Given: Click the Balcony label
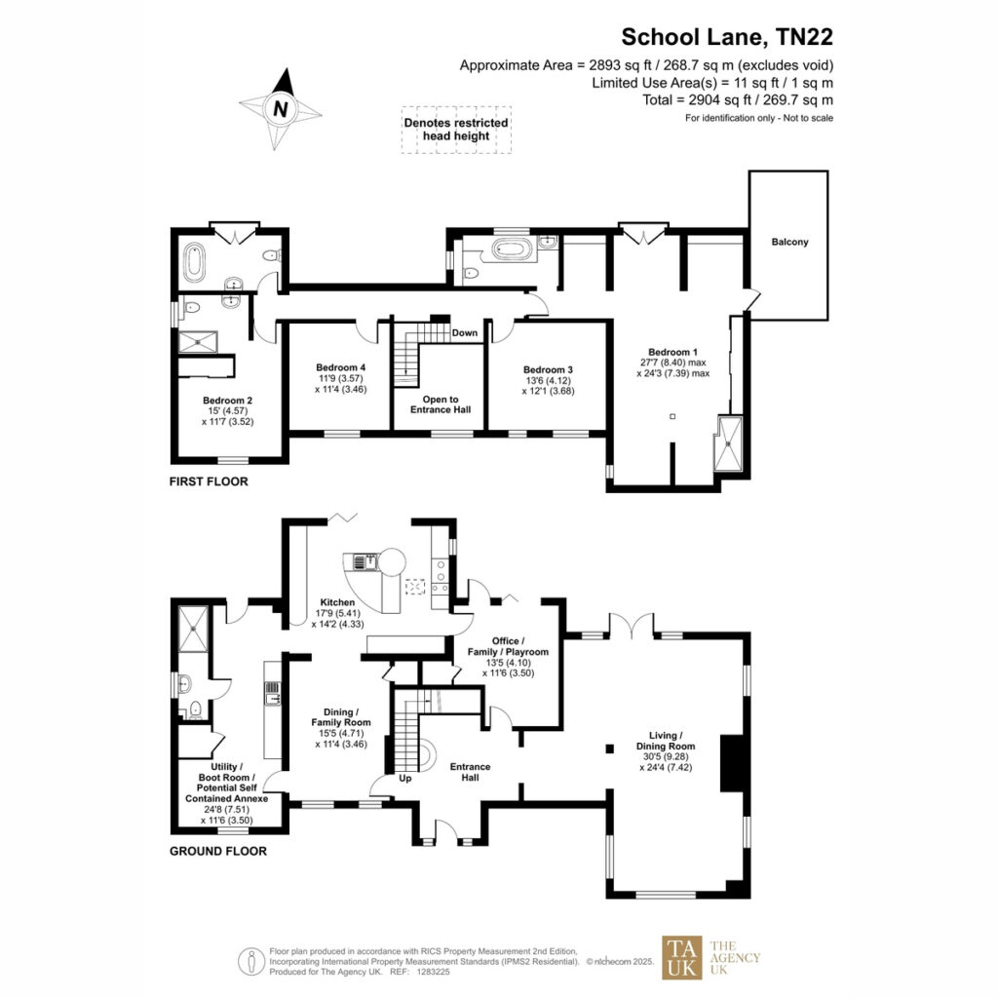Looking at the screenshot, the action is [789, 242].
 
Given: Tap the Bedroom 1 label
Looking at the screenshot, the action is [672, 352].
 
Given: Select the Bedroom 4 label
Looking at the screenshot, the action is [340, 367].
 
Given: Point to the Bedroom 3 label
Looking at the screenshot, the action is [548, 369].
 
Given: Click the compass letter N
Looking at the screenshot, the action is [280, 109].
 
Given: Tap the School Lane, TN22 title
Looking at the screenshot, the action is [727, 37].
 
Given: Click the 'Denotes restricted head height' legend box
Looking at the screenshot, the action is [456, 130].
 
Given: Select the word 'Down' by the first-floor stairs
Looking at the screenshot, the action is [465, 333].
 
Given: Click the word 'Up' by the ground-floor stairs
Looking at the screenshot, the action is [405, 779].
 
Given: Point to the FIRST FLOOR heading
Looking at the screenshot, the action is [209, 481].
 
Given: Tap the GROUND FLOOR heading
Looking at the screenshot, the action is [218, 852].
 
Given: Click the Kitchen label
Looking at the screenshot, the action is [337, 602].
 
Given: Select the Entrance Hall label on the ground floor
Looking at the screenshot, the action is [471, 772].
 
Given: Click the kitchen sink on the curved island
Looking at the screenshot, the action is [365, 562].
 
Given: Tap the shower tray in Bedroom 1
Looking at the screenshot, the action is [729, 443].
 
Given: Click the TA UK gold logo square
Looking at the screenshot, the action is [682, 957].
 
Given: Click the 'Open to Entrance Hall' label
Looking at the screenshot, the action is [441, 404].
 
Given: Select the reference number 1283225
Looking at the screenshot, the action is [433, 972].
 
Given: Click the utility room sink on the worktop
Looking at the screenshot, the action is [273, 693].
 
